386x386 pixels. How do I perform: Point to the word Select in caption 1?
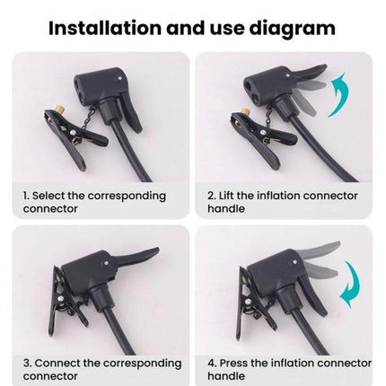click(x=52, y=195)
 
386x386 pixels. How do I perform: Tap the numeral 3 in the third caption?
click(x=25, y=364)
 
